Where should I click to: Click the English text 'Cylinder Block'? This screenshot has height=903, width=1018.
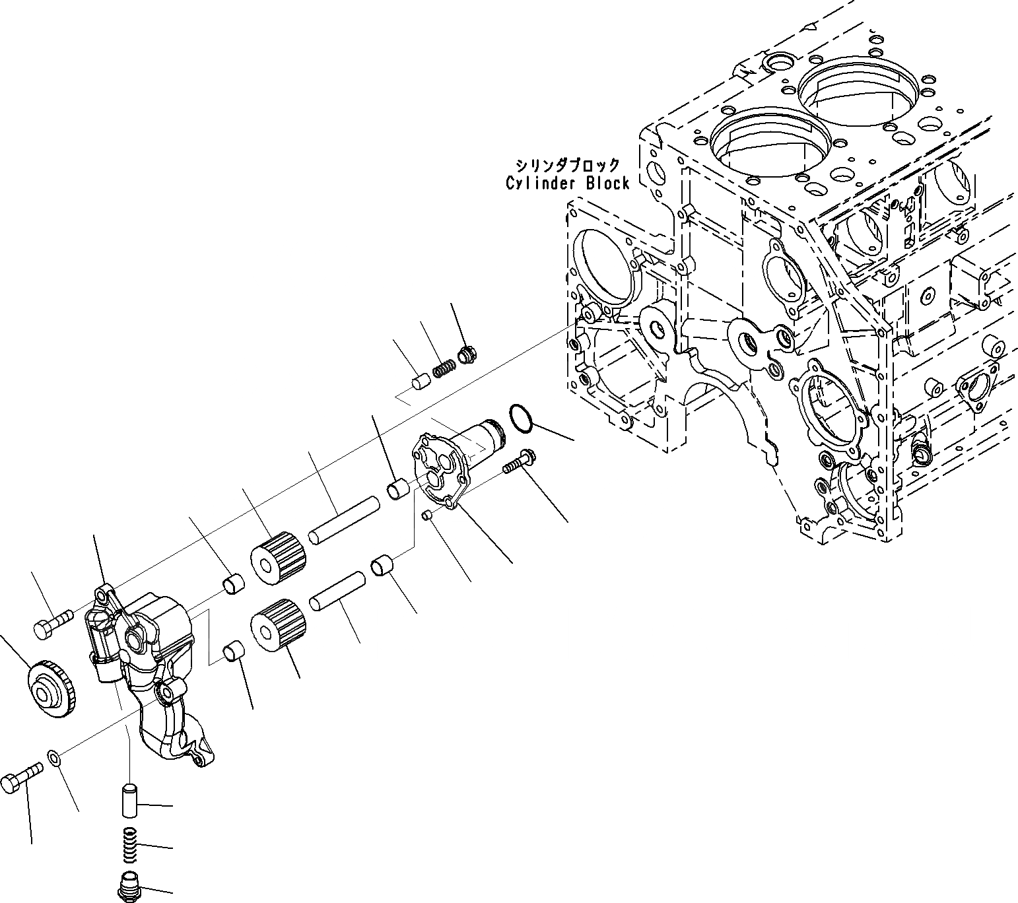pyautogui.click(x=568, y=183)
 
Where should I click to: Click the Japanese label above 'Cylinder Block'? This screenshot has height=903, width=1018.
pyautogui.click(x=568, y=164)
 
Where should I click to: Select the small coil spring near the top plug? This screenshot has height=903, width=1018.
pyautogui.click(x=444, y=367)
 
